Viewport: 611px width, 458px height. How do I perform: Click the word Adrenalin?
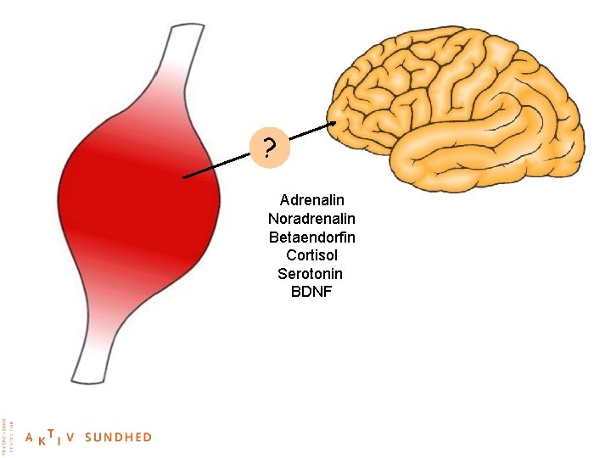pyautogui.click(x=311, y=200)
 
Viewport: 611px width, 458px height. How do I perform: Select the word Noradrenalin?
pyautogui.click(x=311, y=219)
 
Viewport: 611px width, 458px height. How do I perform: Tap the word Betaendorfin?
pyautogui.click(x=311, y=237)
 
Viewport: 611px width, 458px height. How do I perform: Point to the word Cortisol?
pyautogui.click(x=311, y=255)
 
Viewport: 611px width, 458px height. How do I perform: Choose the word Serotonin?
pyautogui.click(x=311, y=274)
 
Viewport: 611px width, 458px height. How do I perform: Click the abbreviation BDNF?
pyautogui.click(x=311, y=293)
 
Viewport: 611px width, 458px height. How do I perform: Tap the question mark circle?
pyautogui.click(x=270, y=149)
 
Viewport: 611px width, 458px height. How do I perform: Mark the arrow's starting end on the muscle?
pyautogui.click(x=185, y=177)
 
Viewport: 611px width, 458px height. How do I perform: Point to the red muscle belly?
pyautogui.click(x=127, y=204)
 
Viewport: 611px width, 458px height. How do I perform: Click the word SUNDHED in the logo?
pyautogui.click(x=118, y=438)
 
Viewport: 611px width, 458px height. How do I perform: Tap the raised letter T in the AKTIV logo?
pyautogui.click(x=52, y=433)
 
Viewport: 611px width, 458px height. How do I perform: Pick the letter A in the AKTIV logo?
pyautogui.click(x=30, y=438)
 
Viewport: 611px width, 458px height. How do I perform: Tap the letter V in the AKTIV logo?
pyautogui.click(x=71, y=438)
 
